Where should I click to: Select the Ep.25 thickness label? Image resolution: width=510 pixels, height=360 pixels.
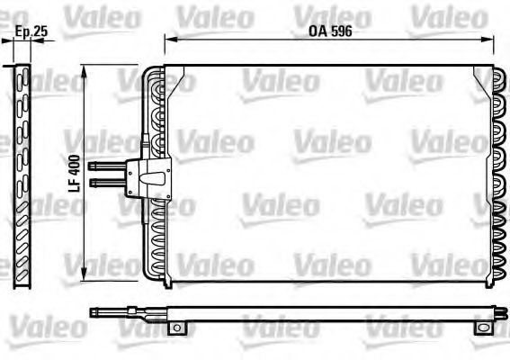[31, 32]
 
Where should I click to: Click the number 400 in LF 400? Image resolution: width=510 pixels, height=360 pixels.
[76, 163]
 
